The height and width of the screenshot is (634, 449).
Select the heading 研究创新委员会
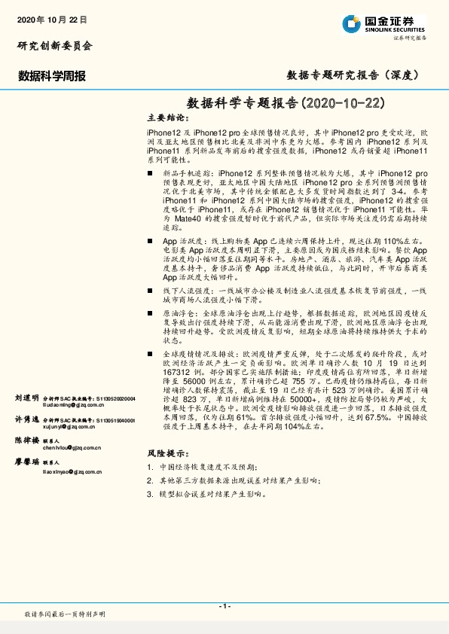pyautogui.click(x=54, y=46)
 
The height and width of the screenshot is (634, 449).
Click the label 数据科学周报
pyautogui.click(x=51, y=76)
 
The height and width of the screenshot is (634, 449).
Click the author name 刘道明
pyautogui.click(x=26, y=397)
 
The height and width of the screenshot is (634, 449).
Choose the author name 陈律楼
pyautogui.click(x=26, y=440)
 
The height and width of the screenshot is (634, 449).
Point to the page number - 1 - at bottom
pyautogui.click(x=224, y=606)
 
